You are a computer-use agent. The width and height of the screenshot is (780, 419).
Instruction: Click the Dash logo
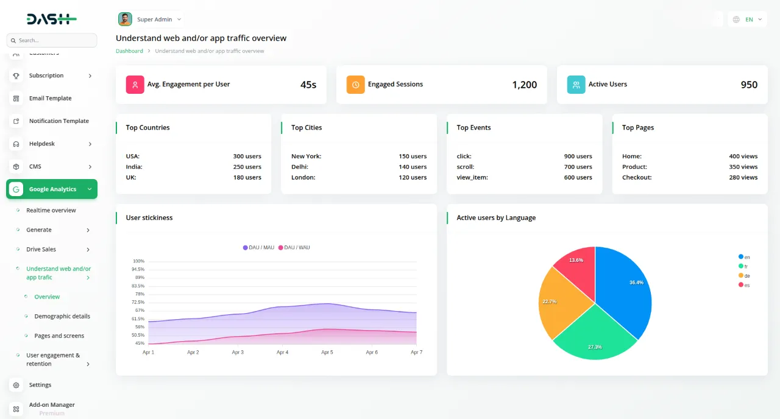click(51, 19)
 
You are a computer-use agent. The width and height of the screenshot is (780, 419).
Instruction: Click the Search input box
click(52, 40)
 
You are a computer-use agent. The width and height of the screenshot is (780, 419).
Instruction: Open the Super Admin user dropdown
click(151, 19)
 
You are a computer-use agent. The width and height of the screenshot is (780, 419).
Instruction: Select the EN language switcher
click(747, 19)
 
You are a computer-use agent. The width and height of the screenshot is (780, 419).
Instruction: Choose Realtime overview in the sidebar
click(51, 210)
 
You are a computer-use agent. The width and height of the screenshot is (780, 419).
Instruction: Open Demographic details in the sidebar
click(62, 316)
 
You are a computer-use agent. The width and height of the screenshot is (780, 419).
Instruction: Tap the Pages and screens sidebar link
click(59, 336)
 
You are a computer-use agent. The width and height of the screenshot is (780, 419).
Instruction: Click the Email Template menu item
click(50, 98)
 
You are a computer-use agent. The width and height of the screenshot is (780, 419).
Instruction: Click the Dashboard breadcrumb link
click(129, 51)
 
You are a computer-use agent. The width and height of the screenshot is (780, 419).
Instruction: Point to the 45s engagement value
click(308, 85)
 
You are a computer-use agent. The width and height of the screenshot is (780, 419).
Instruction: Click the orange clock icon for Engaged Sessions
click(355, 85)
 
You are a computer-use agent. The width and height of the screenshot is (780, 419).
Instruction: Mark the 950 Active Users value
click(749, 85)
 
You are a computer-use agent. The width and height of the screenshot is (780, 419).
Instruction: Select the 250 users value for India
click(247, 167)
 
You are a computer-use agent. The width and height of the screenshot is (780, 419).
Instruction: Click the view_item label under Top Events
click(472, 178)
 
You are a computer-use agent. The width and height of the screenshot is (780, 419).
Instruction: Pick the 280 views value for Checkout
click(743, 178)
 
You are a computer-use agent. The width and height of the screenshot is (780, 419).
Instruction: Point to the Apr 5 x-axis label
click(327, 353)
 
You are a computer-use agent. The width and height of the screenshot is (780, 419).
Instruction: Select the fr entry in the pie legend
click(743, 267)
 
